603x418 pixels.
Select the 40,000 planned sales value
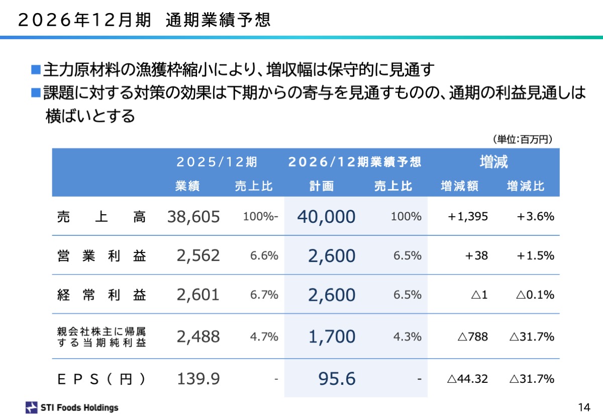pos(326,217)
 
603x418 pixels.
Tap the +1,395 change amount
pos(468,217)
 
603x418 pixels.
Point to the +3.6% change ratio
pos(535,217)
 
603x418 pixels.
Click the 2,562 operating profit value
pos(198,256)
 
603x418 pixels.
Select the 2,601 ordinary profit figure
pos(198,295)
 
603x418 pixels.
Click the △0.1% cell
pos(535,295)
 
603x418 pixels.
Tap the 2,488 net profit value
pos(198,337)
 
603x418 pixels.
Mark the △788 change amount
pos(472,337)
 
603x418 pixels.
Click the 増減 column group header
pos(493,162)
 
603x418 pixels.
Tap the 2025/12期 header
pos(217,162)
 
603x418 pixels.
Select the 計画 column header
pos(322,186)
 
